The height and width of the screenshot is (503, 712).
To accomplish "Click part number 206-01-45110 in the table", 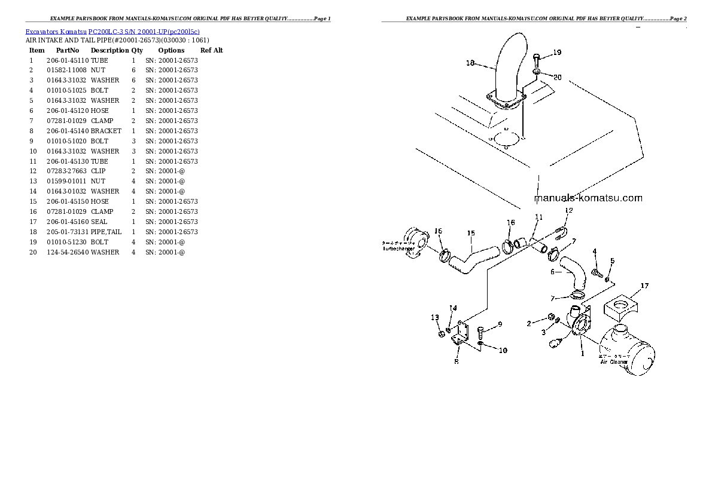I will point(68,60).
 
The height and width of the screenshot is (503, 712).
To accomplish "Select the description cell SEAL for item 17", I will point(99,222).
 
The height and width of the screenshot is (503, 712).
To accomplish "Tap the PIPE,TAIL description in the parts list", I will point(106,232).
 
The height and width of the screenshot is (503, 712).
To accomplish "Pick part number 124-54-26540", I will point(68,252).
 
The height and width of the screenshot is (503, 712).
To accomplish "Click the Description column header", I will point(109,51).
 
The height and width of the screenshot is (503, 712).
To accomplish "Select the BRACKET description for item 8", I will point(106,131).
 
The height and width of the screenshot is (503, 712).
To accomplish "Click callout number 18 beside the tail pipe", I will point(470,63).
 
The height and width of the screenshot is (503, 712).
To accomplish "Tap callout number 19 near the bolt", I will point(557,53).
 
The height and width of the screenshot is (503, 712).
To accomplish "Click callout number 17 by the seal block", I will point(644,286).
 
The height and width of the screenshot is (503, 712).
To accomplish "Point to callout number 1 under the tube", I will point(582,353).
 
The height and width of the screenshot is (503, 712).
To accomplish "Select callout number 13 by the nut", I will point(435,317).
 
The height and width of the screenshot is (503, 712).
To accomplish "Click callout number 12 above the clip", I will point(568,210).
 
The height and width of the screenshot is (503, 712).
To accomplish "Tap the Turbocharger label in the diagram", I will point(398,249).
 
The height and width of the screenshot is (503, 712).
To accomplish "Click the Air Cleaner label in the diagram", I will point(614,362).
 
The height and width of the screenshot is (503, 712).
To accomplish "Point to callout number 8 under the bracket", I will point(457,361).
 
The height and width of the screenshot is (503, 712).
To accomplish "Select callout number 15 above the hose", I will point(471,233).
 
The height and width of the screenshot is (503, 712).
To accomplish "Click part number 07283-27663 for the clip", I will point(68,171).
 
